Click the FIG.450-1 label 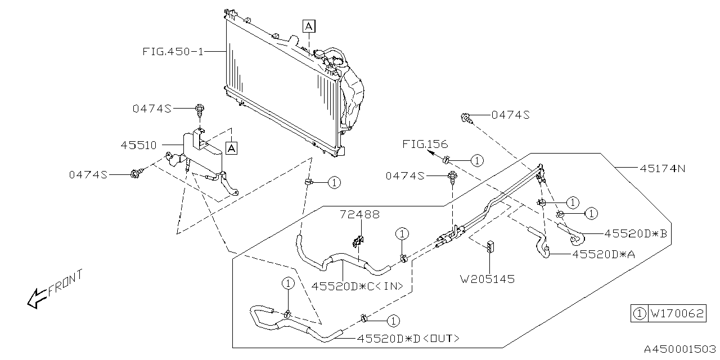(173, 51)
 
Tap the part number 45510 (138, 145)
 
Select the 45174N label (663, 168)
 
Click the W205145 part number (487, 278)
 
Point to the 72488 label (359, 214)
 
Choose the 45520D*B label (636, 233)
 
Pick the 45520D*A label (604, 254)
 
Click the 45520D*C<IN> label (357, 286)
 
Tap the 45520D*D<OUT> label (408, 339)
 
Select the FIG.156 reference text (425, 143)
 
